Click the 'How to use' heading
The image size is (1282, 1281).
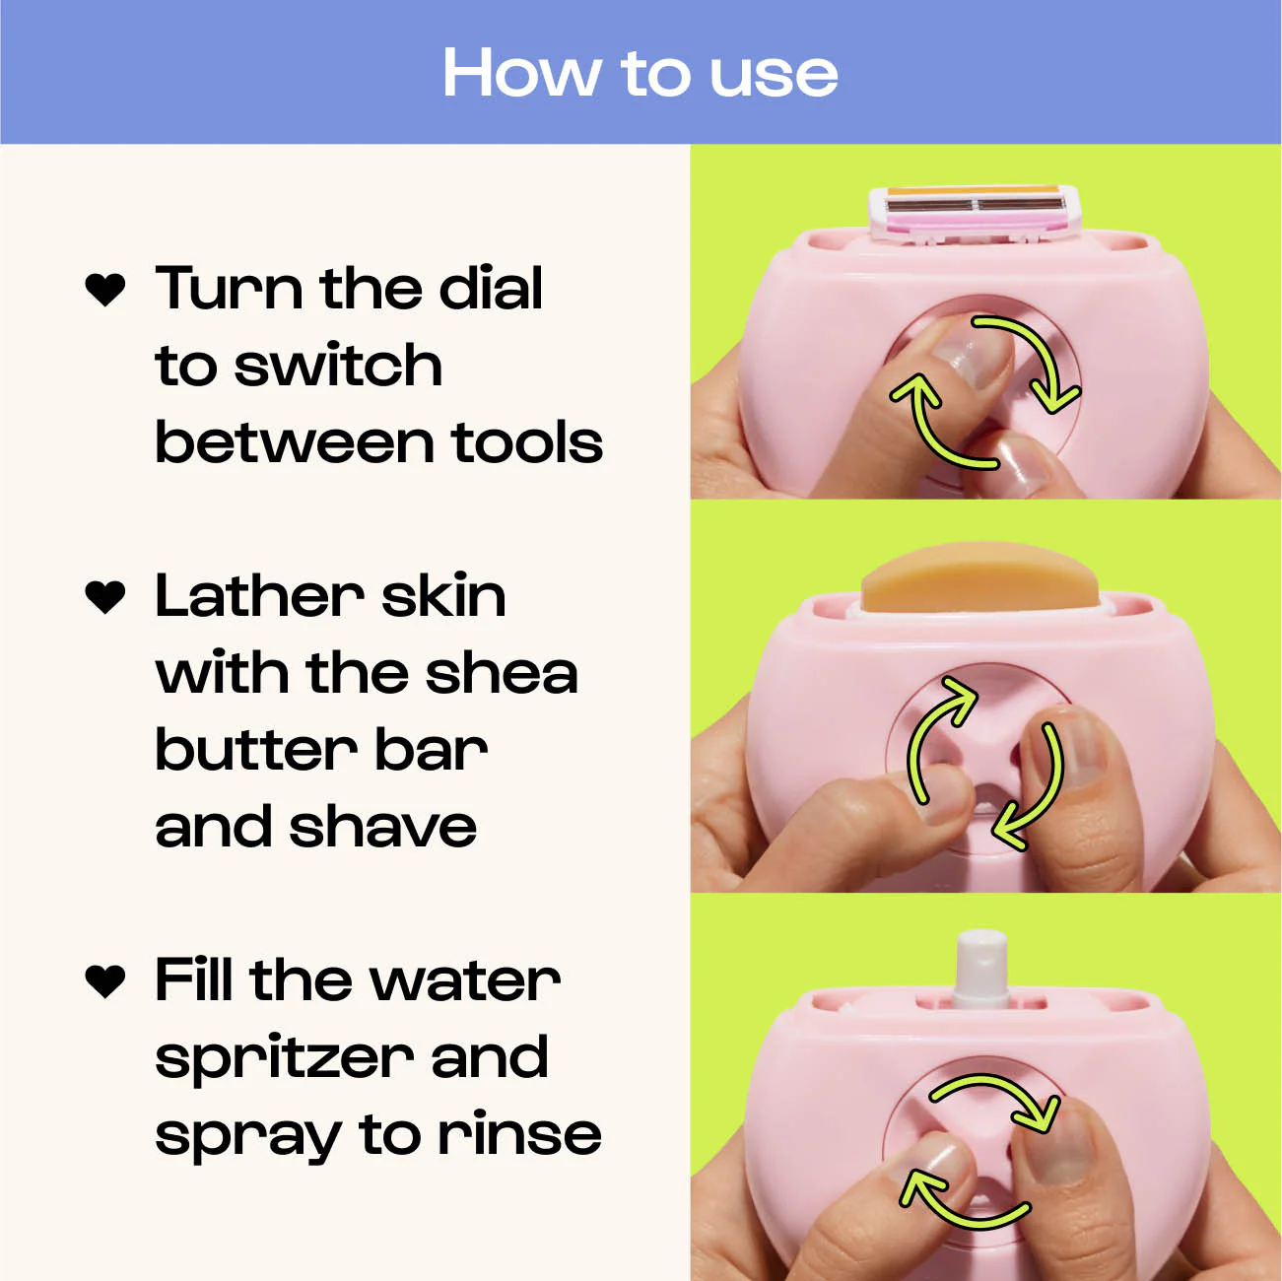(641, 74)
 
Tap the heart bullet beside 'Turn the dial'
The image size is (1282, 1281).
(105, 290)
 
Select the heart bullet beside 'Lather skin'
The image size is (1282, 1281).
(105, 597)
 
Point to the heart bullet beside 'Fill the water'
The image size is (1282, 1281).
(105, 981)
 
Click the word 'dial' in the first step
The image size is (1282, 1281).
(491, 289)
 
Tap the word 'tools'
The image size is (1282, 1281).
(527, 442)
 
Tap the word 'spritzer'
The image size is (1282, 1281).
(285, 1059)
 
